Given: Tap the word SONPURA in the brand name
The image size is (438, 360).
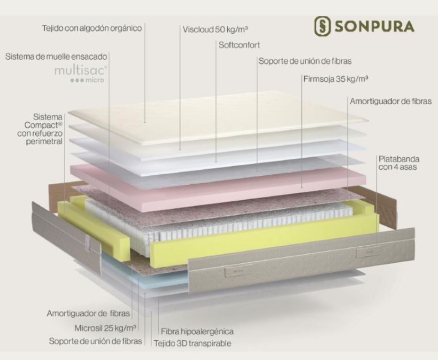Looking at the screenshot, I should (374, 27).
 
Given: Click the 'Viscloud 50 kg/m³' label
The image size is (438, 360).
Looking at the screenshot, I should (215, 30).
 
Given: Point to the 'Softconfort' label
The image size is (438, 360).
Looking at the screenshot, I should (239, 46).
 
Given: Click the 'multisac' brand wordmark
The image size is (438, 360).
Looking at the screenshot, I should (87, 70).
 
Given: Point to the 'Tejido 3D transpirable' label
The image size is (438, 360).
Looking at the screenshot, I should (192, 343).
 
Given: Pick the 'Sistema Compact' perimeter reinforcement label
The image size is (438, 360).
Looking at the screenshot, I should (46, 128).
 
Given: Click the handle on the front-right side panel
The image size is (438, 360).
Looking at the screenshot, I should (369, 252).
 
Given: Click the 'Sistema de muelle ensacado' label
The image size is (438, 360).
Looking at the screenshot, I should (56, 56).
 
